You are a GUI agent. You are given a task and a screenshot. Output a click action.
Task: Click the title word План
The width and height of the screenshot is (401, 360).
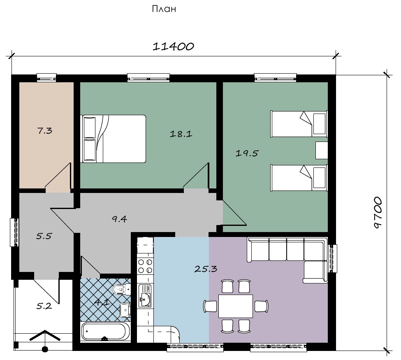point(164,9)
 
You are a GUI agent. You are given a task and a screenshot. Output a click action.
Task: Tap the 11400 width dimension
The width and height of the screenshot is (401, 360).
point(174,46)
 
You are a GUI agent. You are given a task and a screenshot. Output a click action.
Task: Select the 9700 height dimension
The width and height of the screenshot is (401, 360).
point(378,212)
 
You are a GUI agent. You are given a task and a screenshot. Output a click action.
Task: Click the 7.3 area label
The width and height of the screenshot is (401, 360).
point(45,131)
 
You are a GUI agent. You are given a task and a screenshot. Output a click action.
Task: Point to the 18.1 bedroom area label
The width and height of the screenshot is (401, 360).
point(181,134)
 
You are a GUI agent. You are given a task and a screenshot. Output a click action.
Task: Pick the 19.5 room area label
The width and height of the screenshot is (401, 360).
point(247,153)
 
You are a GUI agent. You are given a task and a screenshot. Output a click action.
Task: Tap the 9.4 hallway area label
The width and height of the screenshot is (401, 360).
point(120,219)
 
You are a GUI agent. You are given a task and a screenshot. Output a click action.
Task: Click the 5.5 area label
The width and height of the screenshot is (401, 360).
point(44,236)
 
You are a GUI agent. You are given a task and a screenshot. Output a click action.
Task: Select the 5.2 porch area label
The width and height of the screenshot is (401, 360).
point(44,306)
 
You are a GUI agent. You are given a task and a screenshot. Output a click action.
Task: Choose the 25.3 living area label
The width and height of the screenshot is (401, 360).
point(206,269)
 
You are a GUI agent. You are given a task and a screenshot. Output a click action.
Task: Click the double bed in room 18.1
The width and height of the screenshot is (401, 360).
point(113,139)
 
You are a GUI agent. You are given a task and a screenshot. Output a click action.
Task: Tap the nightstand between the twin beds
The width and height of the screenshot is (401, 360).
point(322,150)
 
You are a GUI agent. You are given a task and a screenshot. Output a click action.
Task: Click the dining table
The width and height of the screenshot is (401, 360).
point(236,306)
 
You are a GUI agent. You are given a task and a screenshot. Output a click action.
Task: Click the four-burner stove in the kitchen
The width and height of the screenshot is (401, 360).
point(145,266)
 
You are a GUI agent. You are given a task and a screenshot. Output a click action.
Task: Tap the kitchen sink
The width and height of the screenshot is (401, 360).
point(145,296)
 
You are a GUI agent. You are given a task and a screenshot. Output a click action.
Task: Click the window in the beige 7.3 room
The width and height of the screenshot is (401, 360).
point(46,77)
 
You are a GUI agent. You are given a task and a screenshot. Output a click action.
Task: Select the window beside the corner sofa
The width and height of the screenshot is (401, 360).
point(332,259)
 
